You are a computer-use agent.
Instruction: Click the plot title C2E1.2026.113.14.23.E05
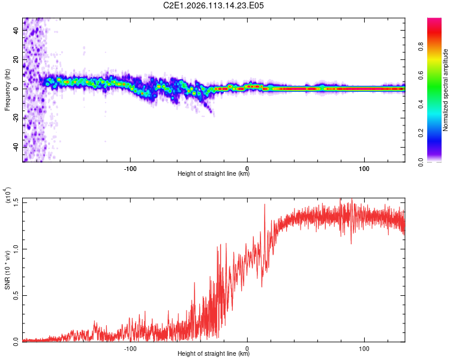coord(214,5)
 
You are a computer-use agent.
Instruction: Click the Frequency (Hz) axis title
coord(7,89)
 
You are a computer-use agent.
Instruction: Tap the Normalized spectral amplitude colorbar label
coord(446,89)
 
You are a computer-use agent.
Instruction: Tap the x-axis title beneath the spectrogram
coord(214,174)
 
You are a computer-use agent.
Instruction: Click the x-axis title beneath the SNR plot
coord(214,354)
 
